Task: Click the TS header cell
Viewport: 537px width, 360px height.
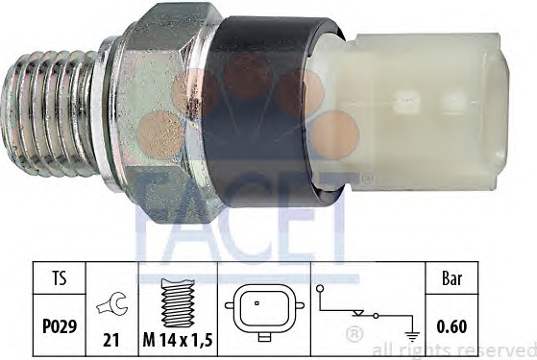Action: [59, 277]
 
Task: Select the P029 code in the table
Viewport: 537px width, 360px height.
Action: [60, 326]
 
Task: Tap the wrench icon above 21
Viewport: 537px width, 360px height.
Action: [112, 303]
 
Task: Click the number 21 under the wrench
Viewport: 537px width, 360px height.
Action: [111, 340]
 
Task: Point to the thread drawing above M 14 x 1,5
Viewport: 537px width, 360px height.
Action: [178, 302]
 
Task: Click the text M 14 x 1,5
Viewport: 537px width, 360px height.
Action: [178, 340]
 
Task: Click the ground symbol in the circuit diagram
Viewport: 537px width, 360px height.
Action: [412, 336]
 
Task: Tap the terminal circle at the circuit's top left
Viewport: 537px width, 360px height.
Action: [320, 288]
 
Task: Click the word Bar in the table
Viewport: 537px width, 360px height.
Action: [452, 279]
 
